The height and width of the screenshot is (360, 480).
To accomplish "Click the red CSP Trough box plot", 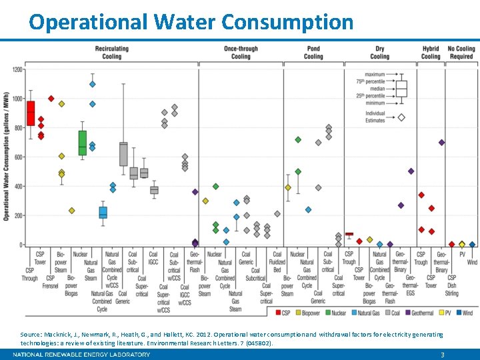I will [x=31, y=113].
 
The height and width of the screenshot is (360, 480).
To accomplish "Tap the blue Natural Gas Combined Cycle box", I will [x=103, y=213].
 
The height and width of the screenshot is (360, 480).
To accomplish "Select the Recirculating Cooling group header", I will [x=112, y=53].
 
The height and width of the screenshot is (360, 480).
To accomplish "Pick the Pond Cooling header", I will [x=313, y=53].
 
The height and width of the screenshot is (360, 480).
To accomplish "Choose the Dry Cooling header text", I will [x=380, y=53].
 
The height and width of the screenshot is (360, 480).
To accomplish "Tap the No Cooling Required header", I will [x=461, y=53].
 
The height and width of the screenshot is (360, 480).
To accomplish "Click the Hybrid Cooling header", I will [x=431, y=53].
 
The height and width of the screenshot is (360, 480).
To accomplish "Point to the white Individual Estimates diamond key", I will [x=401, y=117].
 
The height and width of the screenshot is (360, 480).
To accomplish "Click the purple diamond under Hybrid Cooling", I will [x=441, y=143].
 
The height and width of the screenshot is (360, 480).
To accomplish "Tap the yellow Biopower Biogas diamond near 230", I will [x=72, y=211].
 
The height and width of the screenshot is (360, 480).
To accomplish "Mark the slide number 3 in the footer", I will [x=442, y=355].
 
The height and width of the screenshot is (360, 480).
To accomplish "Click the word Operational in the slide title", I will [x=88, y=23].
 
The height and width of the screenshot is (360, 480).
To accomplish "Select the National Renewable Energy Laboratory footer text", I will [x=81, y=355].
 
